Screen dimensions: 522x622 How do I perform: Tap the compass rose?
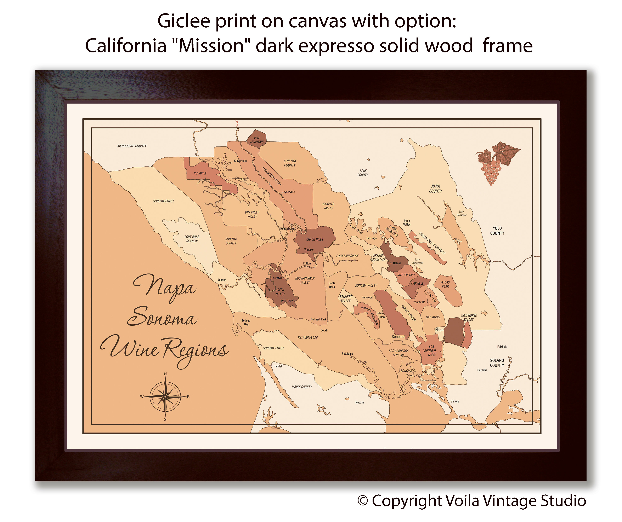(165, 396)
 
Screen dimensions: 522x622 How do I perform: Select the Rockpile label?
(200, 173)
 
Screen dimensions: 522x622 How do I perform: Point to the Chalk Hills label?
(315, 239)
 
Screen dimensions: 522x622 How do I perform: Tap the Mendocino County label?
(132, 146)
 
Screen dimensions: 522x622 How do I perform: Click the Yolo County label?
(497, 231)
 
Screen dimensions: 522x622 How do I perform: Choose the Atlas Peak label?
(445, 284)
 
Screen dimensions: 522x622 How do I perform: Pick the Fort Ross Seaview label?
(192, 239)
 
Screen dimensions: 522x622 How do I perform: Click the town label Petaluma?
(347, 354)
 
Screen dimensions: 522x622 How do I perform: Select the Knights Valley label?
(328, 206)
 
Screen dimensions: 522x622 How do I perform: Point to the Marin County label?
(302, 387)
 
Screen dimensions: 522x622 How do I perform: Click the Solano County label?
(497, 363)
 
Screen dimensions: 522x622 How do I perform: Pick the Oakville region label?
(417, 283)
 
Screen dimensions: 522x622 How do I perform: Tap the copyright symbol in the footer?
(363, 501)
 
